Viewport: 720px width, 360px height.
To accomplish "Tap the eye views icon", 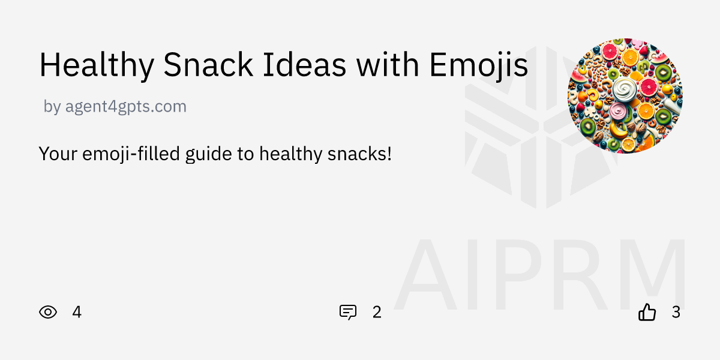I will [x=48, y=312].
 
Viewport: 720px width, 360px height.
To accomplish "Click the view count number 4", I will [x=77, y=312].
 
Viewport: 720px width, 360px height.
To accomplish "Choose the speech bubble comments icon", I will [x=348, y=312].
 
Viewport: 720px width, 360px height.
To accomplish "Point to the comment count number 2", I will [x=377, y=312].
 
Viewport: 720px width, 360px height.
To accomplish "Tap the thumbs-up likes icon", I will [x=647, y=312].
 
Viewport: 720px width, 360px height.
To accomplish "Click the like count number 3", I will [x=676, y=312].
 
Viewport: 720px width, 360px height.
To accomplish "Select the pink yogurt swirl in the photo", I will [x=617, y=112].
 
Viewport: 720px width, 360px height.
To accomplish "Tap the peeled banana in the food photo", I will [x=619, y=128].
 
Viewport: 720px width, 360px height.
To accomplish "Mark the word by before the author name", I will [x=52, y=107].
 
